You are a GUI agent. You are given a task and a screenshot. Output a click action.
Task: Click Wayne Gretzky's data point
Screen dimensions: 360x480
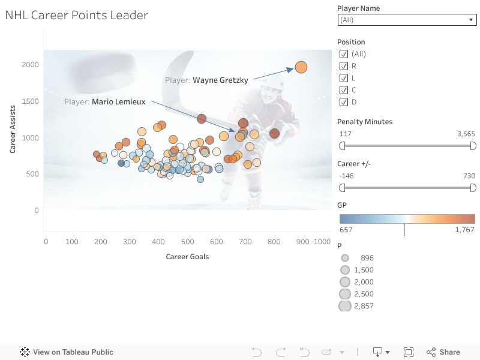[x=301, y=68]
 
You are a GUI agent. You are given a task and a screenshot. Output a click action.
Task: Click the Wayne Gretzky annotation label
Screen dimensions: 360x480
[x=206, y=80]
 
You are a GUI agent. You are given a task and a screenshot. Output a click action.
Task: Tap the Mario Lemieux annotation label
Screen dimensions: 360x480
[x=104, y=102]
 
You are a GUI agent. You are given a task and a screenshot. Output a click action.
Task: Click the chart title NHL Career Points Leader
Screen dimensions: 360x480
[x=77, y=16]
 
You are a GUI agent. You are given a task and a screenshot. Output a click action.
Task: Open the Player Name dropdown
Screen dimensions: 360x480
[x=407, y=20]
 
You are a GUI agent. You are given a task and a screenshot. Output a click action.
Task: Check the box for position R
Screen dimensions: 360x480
[x=344, y=66]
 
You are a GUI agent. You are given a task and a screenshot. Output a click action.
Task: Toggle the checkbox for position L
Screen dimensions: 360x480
[x=344, y=78]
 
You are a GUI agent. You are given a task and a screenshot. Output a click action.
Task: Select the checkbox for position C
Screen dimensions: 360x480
[x=344, y=90]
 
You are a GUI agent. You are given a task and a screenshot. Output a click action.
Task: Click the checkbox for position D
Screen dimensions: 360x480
[x=344, y=102]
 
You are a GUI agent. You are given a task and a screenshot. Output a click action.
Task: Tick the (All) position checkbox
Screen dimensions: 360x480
[x=344, y=54]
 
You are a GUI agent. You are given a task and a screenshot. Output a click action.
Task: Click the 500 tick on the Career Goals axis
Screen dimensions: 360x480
[x=188, y=242]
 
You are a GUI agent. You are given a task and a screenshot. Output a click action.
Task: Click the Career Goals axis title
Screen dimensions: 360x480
[x=187, y=257]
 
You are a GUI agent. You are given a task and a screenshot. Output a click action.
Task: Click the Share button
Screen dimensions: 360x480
[x=443, y=352]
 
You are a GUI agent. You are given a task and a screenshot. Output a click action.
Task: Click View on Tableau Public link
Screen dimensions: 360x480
[x=67, y=352]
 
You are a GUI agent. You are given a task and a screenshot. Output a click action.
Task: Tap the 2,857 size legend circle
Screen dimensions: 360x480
[x=345, y=306]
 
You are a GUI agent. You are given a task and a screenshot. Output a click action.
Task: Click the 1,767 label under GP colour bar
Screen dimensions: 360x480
[x=464, y=230]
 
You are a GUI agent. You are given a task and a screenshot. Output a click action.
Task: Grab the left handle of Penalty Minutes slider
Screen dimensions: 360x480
[x=343, y=146]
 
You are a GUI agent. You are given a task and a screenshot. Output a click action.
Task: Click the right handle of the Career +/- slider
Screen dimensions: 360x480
[x=473, y=188]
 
